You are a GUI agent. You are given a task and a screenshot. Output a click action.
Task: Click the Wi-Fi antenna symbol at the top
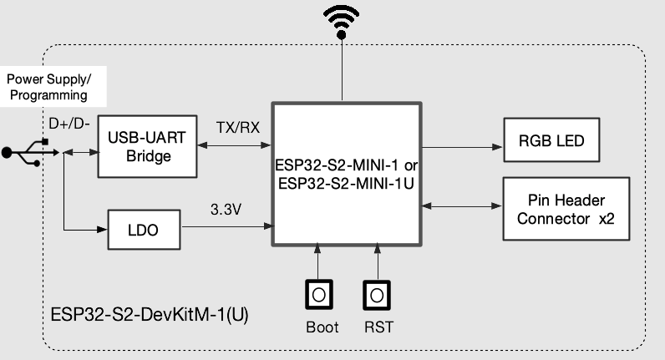click(341, 22)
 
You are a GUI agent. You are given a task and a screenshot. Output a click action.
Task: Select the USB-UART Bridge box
click(145, 146)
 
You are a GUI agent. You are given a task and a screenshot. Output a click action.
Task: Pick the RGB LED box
click(552, 140)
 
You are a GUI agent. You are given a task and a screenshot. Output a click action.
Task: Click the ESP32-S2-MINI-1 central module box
click(345, 174)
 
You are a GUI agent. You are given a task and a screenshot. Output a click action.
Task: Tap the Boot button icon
click(317, 294)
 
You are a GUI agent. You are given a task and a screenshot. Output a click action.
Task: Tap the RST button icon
click(377, 294)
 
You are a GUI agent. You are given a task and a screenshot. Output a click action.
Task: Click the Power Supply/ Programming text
click(48, 87)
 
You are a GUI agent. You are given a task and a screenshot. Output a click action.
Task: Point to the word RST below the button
click(378, 327)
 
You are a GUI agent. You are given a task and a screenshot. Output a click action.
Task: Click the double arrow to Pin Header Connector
click(462, 205)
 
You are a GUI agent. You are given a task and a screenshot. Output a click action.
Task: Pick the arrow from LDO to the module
click(226, 226)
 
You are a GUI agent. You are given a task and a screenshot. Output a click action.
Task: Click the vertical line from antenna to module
click(341, 71)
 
